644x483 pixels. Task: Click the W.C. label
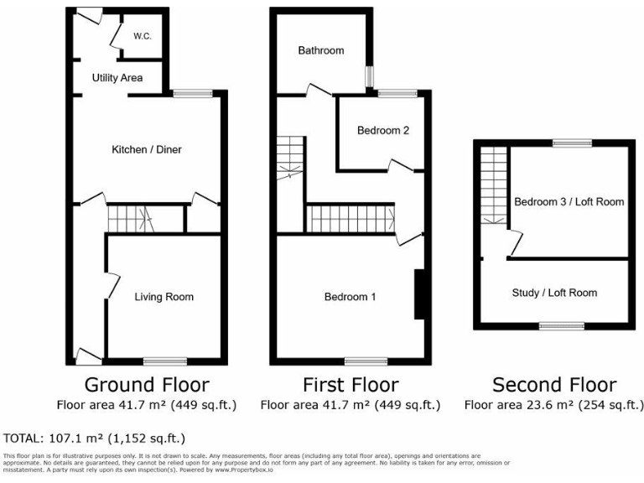click(x=142, y=36)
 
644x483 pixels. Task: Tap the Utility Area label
click(x=117, y=78)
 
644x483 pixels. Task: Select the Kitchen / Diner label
click(x=147, y=149)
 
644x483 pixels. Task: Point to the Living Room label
click(x=164, y=297)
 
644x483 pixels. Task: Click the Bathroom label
click(x=321, y=50)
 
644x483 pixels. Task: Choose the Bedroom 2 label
click(x=383, y=131)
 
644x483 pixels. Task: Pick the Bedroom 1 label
click(x=351, y=297)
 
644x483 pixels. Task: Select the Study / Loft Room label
click(x=554, y=293)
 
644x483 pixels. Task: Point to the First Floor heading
click(x=351, y=385)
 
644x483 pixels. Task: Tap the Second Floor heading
click(x=554, y=385)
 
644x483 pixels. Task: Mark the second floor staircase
click(x=494, y=186)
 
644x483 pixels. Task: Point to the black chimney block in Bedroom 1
click(x=420, y=294)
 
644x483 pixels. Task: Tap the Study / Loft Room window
click(x=561, y=325)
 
